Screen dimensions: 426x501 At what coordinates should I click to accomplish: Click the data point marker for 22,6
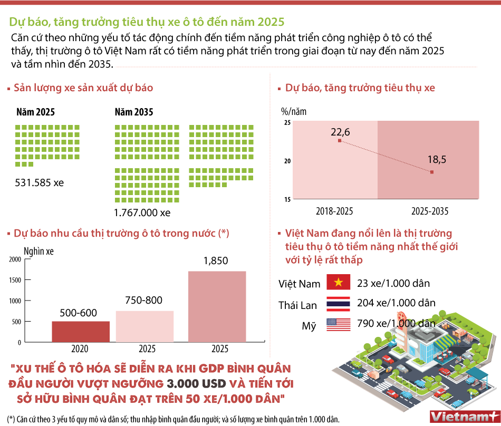pyautogui.click(x=339, y=141)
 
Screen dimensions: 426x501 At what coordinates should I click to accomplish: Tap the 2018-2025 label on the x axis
pyautogui.click(x=334, y=211)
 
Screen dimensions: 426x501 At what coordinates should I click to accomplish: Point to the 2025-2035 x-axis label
pyautogui.click(x=430, y=211)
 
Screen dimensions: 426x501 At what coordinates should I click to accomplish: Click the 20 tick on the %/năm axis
pyautogui.click(x=287, y=161)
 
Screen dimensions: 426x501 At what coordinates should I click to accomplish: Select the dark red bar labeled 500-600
pyautogui.click(x=80, y=331)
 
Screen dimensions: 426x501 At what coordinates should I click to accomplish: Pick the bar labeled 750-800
pyautogui.click(x=144, y=326)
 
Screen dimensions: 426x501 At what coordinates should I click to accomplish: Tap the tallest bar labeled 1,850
pyautogui.click(x=217, y=306)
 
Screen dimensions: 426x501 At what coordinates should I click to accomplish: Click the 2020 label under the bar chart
pyautogui.click(x=80, y=349)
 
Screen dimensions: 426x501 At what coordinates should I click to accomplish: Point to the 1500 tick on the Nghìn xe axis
pyautogui.click(x=14, y=280)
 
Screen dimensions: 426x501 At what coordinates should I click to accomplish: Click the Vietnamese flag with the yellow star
pyautogui.click(x=339, y=283)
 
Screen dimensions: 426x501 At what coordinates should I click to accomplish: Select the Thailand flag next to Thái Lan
pyautogui.click(x=339, y=304)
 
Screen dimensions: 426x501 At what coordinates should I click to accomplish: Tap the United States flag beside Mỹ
pyautogui.click(x=339, y=324)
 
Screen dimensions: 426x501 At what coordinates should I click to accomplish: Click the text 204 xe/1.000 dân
pyautogui.click(x=396, y=303)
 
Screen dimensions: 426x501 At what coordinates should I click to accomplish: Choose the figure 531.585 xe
pyautogui.click(x=40, y=183)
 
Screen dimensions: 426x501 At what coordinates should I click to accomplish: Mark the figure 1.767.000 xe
pyautogui.click(x=142, y=213)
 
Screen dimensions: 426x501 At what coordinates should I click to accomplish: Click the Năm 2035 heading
pyautogui.click(x=133, y=112)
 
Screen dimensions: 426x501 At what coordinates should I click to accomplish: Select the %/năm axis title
pyautogui.click(x=293, y=111)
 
